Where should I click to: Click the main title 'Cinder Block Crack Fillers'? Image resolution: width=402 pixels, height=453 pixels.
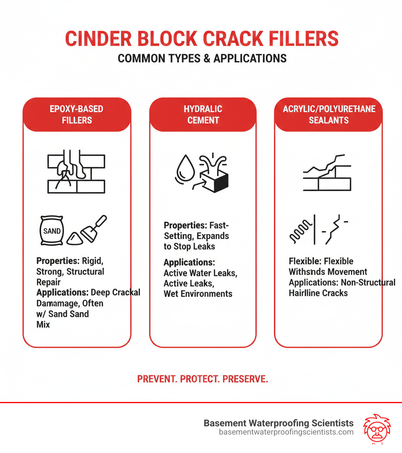click(x=201, y=39)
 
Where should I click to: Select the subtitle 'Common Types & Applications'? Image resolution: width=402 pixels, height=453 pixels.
click(x=202, y=58)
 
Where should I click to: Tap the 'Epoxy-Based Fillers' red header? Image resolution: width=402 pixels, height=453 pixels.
click(x=77, y=114)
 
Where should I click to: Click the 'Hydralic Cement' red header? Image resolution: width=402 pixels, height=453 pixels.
click(x=203, y=114)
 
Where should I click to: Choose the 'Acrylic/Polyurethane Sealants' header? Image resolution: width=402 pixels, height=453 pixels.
click(x=329, y=114)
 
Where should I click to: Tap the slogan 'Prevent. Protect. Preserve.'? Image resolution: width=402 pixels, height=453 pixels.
click(x=203, y=379)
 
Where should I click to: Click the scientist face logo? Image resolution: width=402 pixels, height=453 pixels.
click(x=375, y=428)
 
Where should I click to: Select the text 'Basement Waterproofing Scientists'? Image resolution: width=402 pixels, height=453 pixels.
click(x=278, y=423)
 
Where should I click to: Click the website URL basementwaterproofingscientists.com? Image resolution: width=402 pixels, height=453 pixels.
click(x=286, y=432)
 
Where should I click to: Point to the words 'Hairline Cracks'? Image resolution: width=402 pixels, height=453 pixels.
click(x=318, y=293)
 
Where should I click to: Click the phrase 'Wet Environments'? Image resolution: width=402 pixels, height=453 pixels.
click(x=198, y=294)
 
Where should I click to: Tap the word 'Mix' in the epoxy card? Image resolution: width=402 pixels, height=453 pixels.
click(x=43, y=325)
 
